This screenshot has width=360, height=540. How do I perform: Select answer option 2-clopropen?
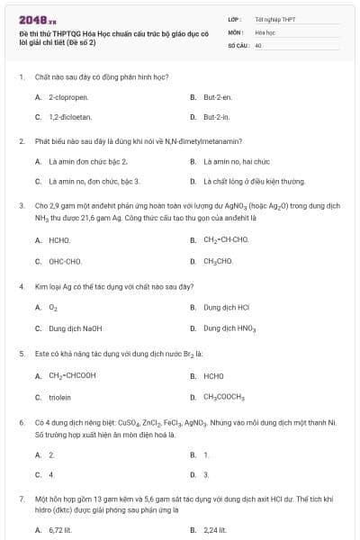point(65,96)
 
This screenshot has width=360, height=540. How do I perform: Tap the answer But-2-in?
point(215,117)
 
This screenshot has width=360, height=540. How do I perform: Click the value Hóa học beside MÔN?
point(265,31)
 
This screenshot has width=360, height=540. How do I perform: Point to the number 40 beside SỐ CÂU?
point(258,44)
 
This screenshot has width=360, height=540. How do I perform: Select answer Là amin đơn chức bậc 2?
point(87,161)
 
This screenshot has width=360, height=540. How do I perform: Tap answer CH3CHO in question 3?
point(219,261)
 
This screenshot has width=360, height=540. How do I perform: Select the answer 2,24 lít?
point(216,530)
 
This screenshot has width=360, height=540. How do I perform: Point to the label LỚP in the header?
point(235,18)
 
